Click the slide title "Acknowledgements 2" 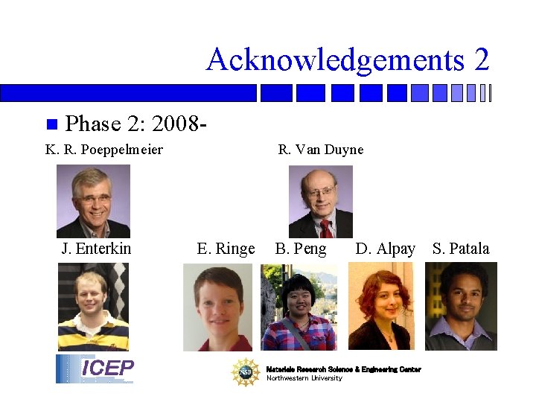click(348, 60)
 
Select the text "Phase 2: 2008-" click(135, 123)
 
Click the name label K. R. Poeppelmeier click(104, 150)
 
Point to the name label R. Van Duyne click(321, 150)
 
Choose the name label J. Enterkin click(96, 249)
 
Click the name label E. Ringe click(226, 249)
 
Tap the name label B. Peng click(301, 249)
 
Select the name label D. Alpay click(386, 249)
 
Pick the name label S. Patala click(461, 249)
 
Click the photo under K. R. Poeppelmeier click(93, 201)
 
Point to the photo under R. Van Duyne click(321, 201)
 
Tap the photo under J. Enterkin click(93, 307)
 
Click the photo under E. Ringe click(218, 307)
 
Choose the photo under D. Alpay click(380, 307)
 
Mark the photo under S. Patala click(461, 307)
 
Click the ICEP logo click(95, 369)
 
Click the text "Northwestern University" click(304, 378)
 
